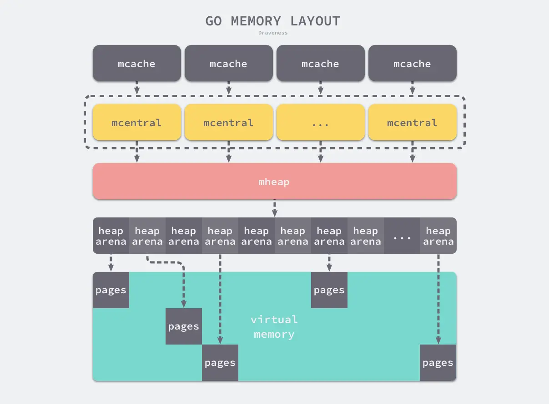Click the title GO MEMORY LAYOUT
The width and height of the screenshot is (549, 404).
273,21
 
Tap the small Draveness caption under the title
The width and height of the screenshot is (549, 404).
273,33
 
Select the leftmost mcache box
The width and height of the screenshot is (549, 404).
136,64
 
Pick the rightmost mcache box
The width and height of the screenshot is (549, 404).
412,64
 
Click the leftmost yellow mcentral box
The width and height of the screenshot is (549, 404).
136,123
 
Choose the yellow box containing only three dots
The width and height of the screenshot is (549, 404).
320,123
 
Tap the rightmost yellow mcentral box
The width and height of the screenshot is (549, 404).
412,123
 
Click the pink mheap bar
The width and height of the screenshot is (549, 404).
274,182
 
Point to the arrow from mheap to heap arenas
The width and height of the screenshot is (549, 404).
274,208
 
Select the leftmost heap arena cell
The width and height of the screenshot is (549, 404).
111,236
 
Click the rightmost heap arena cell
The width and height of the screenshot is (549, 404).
438,236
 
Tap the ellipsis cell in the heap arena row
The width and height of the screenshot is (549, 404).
402,236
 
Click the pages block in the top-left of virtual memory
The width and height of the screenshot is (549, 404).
111,291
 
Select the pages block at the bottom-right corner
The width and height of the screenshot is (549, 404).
438,363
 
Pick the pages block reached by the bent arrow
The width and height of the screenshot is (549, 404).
183,326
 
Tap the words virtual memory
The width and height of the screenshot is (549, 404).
274,327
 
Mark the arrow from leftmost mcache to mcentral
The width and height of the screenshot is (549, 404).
137,88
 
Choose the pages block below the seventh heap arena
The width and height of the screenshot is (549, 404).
329,291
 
